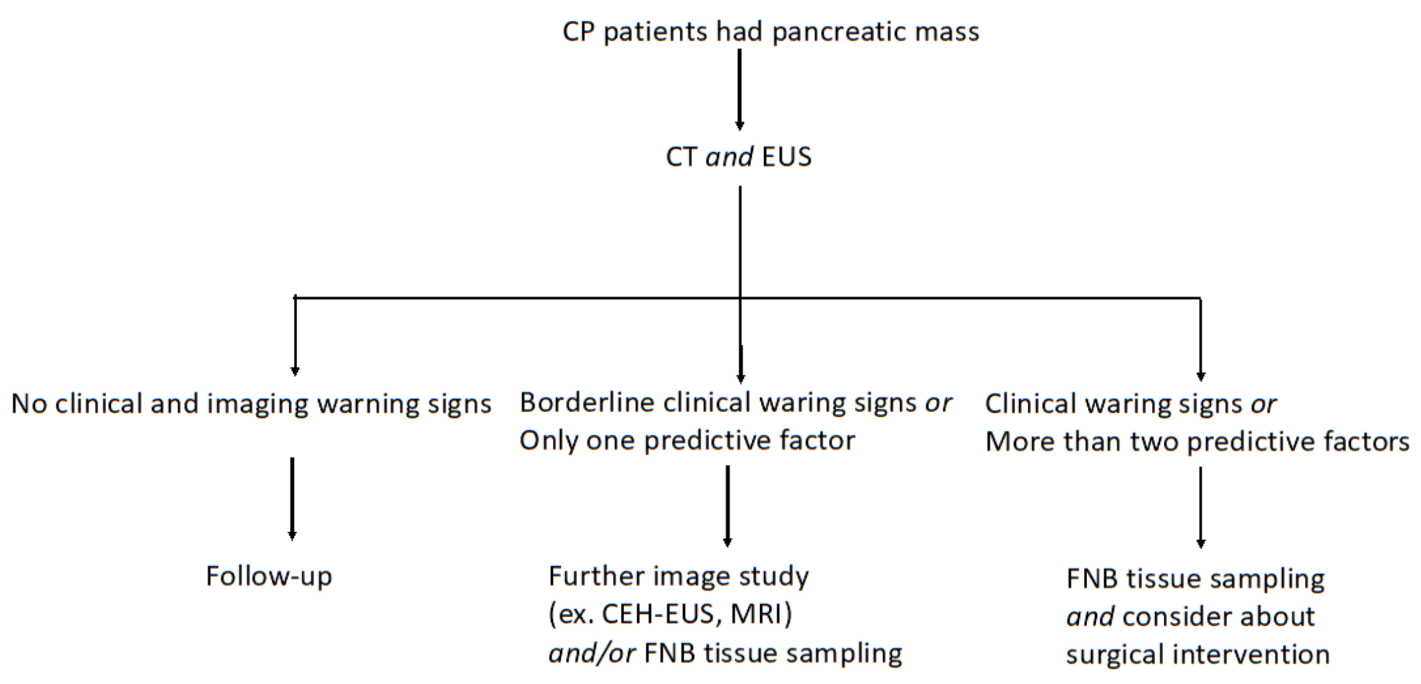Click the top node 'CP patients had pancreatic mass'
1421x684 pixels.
pos(770,31)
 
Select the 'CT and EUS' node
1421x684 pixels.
pos(738,157)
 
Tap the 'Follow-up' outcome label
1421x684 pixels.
pos(269,576)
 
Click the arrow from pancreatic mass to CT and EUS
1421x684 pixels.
pos(739,90)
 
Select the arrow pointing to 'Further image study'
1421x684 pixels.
pos(728,505)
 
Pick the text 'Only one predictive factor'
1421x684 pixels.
pos(687,441)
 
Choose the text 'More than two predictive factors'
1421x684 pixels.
pos(1197,442)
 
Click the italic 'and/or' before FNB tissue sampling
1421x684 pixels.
pos(592,653)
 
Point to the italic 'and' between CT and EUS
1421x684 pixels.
pos(729,157)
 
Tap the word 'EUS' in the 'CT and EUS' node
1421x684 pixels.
pos(787,157)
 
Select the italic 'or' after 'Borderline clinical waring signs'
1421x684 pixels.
pos(938,403)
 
